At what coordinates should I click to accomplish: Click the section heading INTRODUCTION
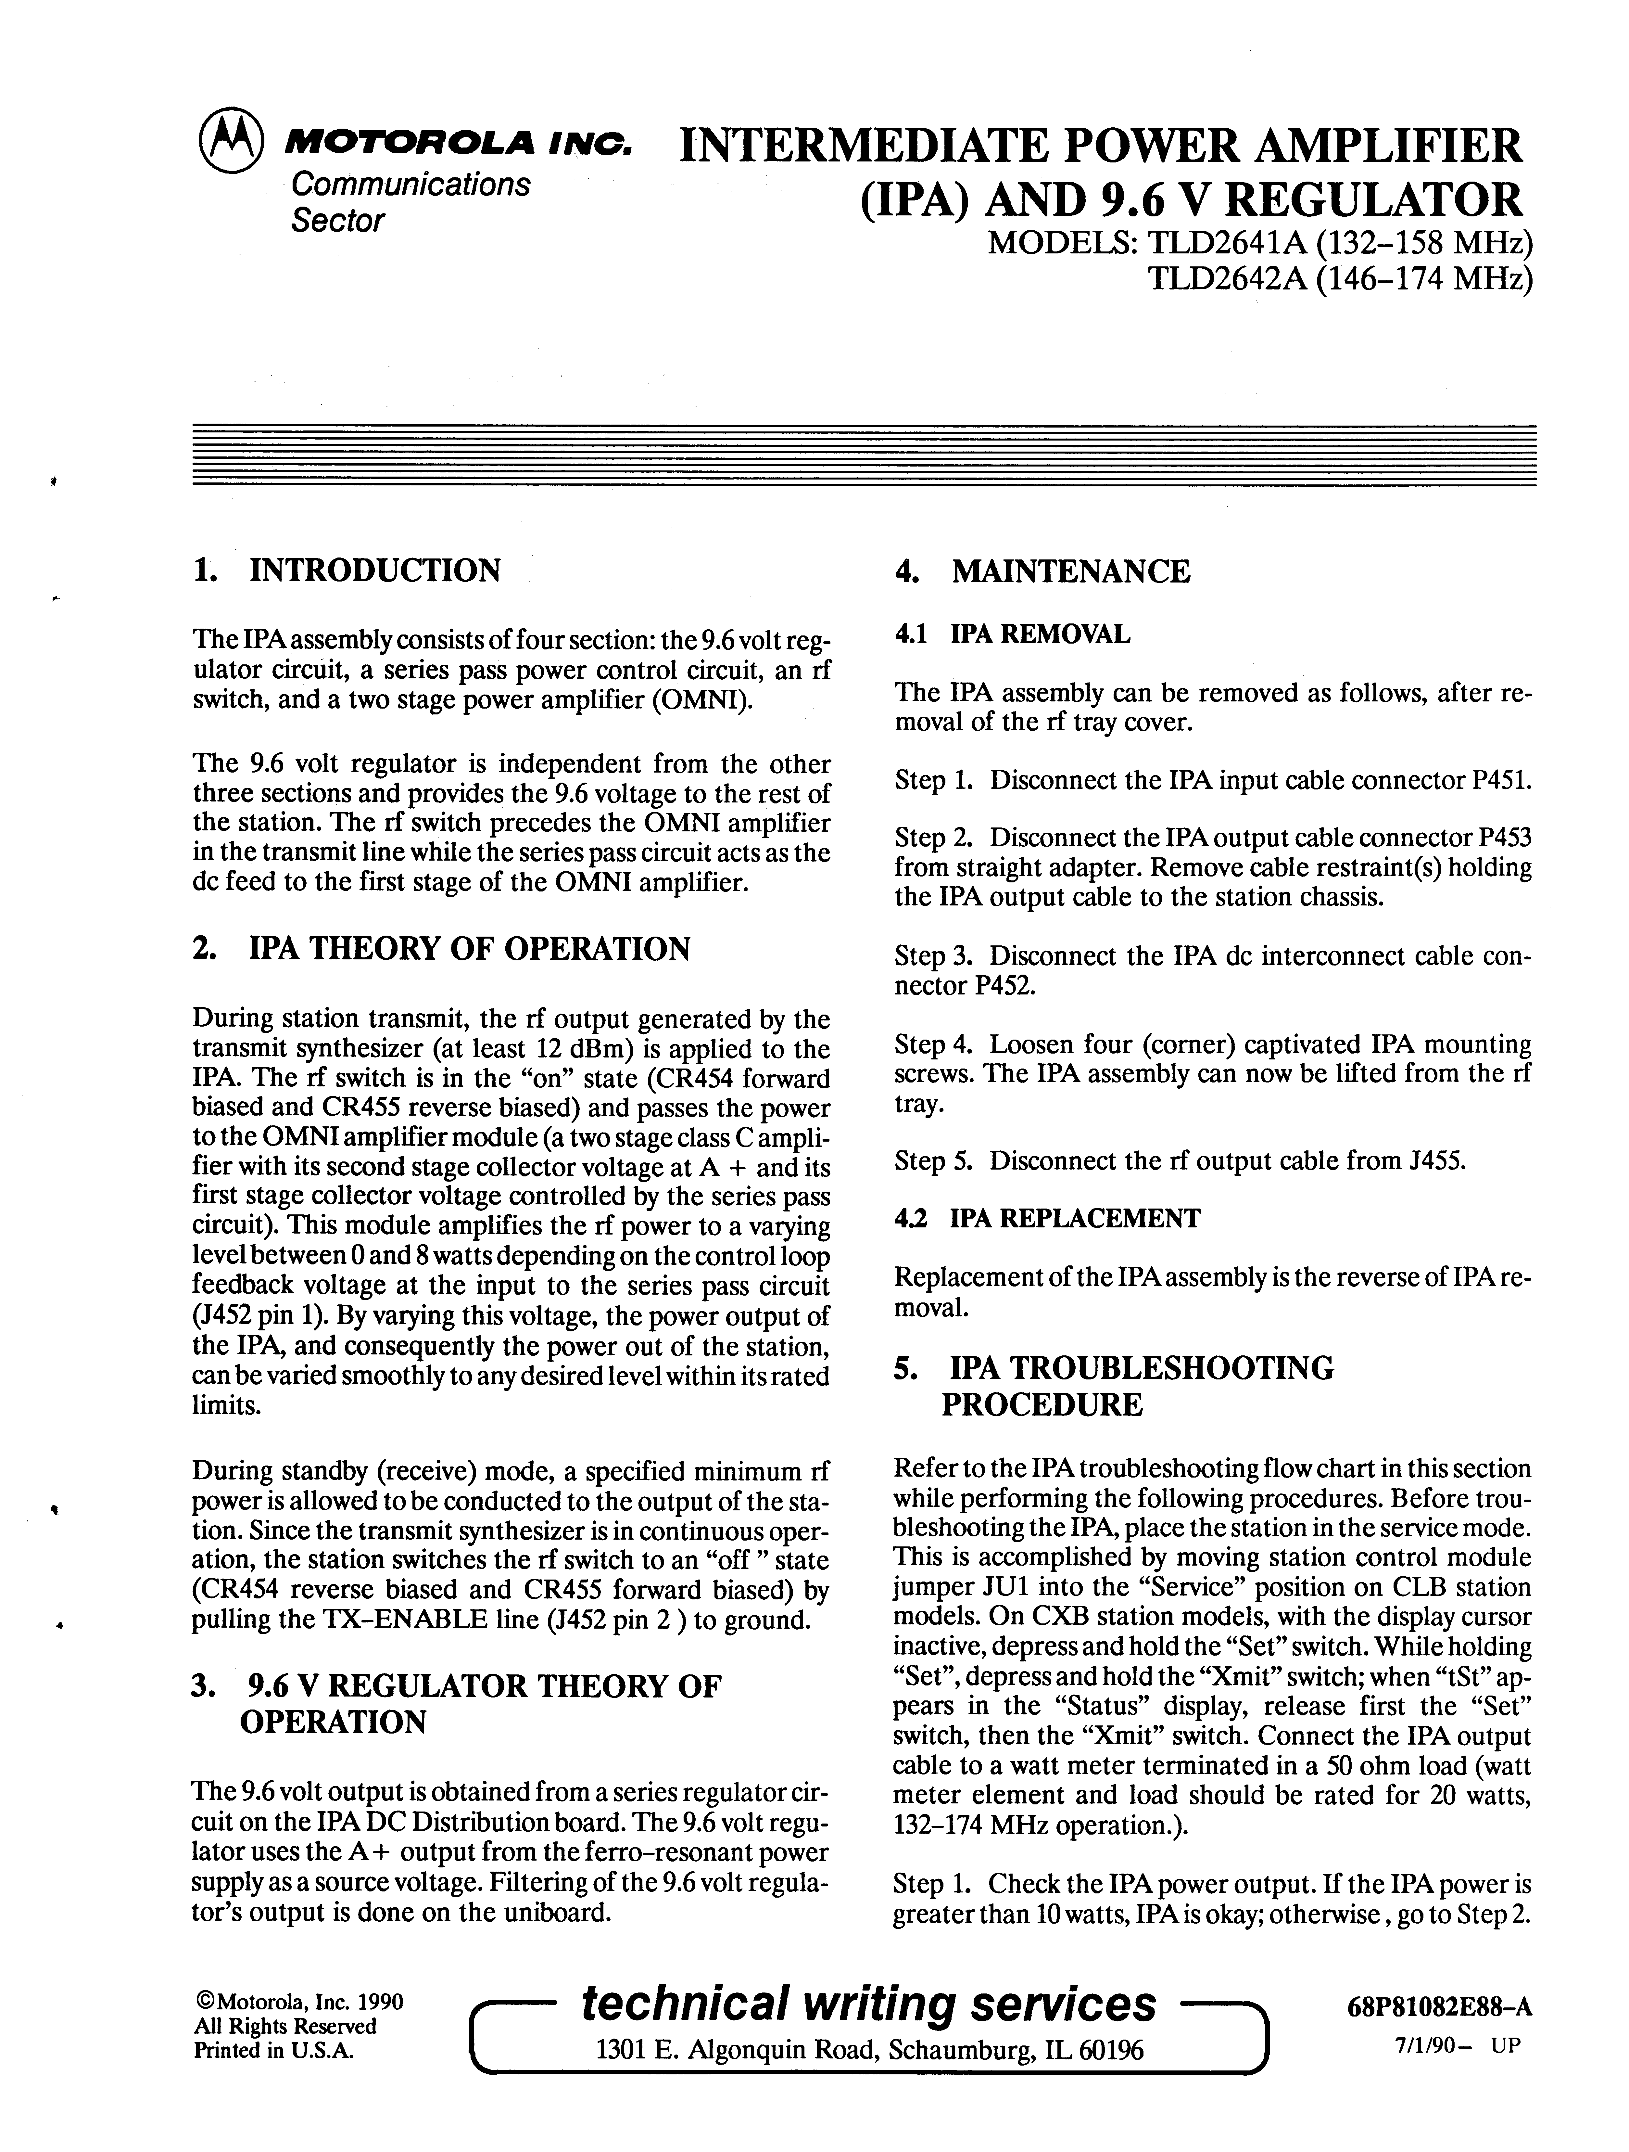pos(374,570)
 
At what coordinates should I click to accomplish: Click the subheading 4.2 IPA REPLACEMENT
pos(1047,1218)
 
